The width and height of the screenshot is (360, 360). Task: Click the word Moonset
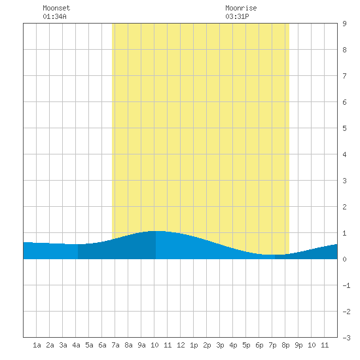(x=56, y=8)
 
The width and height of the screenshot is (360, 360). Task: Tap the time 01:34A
(x=54, y=16)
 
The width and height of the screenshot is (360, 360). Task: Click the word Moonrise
(x=241, y=8)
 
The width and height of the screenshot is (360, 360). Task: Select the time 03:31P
(x=237, y=16)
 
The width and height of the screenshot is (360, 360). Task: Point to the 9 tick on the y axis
(x=344, y=24)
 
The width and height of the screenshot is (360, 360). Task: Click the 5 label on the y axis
(x=344, y=128)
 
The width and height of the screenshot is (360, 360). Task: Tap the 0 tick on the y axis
(x=344, y=259)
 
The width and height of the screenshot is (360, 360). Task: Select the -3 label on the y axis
(x=346, y=338)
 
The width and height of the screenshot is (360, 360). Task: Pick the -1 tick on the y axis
(x=346, y=285)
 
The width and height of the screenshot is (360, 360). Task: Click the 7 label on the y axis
(x=344, y=76)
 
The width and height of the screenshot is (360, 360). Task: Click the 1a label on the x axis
(x=37, y=345)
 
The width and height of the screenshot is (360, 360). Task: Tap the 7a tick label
(x=115, y=345)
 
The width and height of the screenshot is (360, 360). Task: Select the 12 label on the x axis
(x=181, y=345)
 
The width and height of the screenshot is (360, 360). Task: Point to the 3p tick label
(x=220, y=345)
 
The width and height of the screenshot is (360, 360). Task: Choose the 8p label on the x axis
(x=285, y=345)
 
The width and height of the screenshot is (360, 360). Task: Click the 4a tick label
(x=76, y=345)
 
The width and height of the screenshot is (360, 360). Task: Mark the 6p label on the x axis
(x=259, y=345)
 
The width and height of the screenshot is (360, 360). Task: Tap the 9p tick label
(x=298, y=345)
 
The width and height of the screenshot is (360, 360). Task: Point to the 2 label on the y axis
(x=344, y=207)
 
